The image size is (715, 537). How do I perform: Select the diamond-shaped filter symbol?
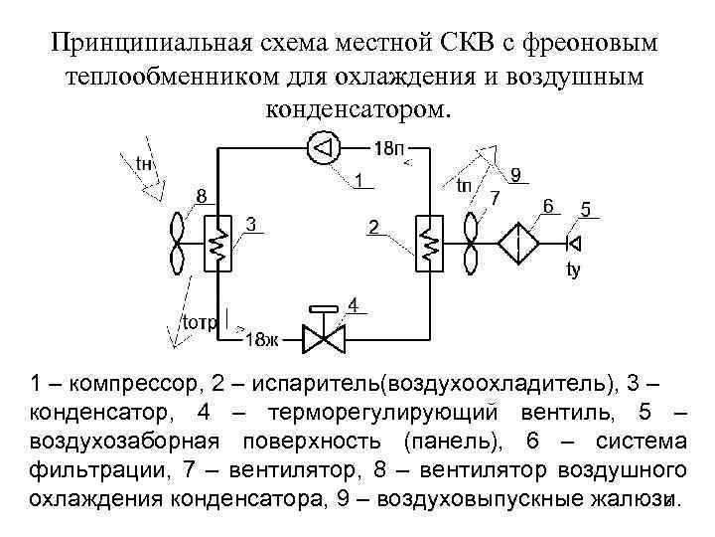pyautogui.click(x=517, y=242)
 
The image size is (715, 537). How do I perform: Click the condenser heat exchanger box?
pyautogui.click(x=217, y=242)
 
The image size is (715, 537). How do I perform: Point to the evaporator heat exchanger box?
pyautogui.click(x=430, y=242)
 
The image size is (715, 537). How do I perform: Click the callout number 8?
pyautogui.click(x=201, y=196)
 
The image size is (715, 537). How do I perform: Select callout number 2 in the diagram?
pyautogui.click(x=372, y=227)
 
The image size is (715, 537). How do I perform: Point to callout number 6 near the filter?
pyautogui.click(x=548, y=206)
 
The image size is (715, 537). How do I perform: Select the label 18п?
pyautogui.click(x=389, y=148)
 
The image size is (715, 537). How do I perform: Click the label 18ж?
pyautogui.click(x=261, y=339)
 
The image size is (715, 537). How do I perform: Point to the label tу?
pyautogui.click(x=573, y=269)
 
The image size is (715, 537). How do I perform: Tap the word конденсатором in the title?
pyautogui.click(x=357, y=107)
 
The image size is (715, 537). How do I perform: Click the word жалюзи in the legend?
pyautogui.click(x=635, y=500)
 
